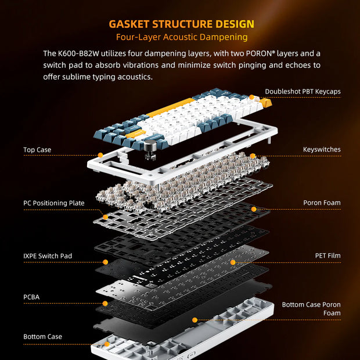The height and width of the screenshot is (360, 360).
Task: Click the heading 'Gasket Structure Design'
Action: click(x=181, y=24)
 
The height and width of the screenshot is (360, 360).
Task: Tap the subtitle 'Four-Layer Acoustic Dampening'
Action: click(x=182, y=37)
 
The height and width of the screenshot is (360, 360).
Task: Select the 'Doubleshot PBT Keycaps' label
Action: click(x=303, y=91)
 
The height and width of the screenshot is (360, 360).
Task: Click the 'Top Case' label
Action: click(x=37, y=150)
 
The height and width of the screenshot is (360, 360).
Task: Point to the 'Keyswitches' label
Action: click(x=322, y=149)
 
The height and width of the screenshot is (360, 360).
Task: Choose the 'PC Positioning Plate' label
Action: click(x=54, y=203)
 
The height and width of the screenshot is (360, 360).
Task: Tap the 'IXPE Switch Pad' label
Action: click(x=48, y=255)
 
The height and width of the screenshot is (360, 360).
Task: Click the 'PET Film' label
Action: click(x=327, y=255)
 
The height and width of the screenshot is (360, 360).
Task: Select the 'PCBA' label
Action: click(x=31, y=297)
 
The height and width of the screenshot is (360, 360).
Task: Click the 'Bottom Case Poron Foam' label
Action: click(x=311, y=309)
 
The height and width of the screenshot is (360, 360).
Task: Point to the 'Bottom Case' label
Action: click(x=42, y=337)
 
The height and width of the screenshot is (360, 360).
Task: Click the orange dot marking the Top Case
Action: click(x=100, y=155)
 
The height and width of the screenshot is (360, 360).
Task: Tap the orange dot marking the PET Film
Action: click(x=233, y=262)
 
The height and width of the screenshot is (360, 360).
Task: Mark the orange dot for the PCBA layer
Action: click(x=105, y=304)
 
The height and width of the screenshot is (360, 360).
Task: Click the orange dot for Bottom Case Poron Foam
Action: click(x=195, y=320)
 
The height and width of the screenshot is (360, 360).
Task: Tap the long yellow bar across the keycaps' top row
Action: click(x=170, y=107)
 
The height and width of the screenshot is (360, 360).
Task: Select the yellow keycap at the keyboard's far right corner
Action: click(x=265, y=103)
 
